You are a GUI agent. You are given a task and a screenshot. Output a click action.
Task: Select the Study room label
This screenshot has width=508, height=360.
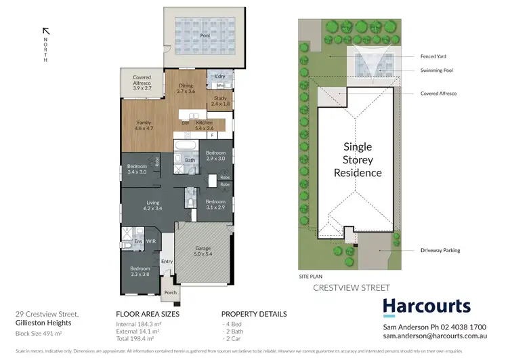click(220, 101)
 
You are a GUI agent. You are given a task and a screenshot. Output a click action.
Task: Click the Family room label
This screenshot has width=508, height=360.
click(143, 123)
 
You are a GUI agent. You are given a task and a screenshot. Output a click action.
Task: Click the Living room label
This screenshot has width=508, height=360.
click(153, 205)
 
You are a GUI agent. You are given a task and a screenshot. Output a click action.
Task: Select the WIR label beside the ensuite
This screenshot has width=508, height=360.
click(151, 241)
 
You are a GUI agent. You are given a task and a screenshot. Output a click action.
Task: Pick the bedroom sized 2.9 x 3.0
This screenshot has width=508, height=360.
click(216, 155)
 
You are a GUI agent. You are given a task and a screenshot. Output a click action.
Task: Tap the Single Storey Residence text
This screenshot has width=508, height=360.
click(358, 159)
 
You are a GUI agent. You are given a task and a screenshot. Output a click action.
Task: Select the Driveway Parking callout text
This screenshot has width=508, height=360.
click(440, 250)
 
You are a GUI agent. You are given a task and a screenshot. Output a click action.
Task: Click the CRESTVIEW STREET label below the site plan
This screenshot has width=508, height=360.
click(352, 288)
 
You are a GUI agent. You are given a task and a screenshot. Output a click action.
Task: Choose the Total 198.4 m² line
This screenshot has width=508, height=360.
click(135, 337)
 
